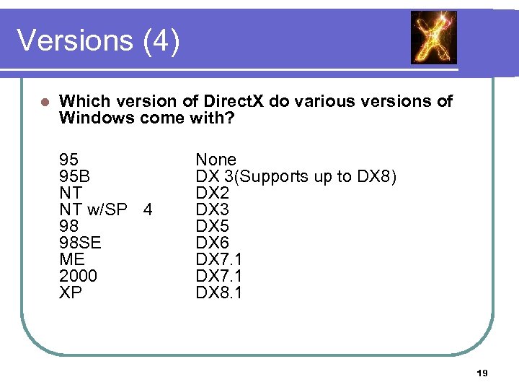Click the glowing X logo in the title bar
(x=434, y=38)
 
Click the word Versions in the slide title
(x=74, y=41)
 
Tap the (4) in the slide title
(x=161, y=41)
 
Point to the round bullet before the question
(x=45, y=101)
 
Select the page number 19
(x=482, y=373)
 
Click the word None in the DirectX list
(x=216, y=160)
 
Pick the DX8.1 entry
(x=219, y=293)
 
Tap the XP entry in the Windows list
(x=71, y=293)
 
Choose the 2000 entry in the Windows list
(x=78, y=277)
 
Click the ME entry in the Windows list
(x=72, y=260)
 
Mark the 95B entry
(x=74, y=176)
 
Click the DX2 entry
(x=213, y=193)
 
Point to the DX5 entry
(x=213, y=227)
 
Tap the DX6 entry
(x=213, y=243)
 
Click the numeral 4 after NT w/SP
(x=148, y=210)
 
